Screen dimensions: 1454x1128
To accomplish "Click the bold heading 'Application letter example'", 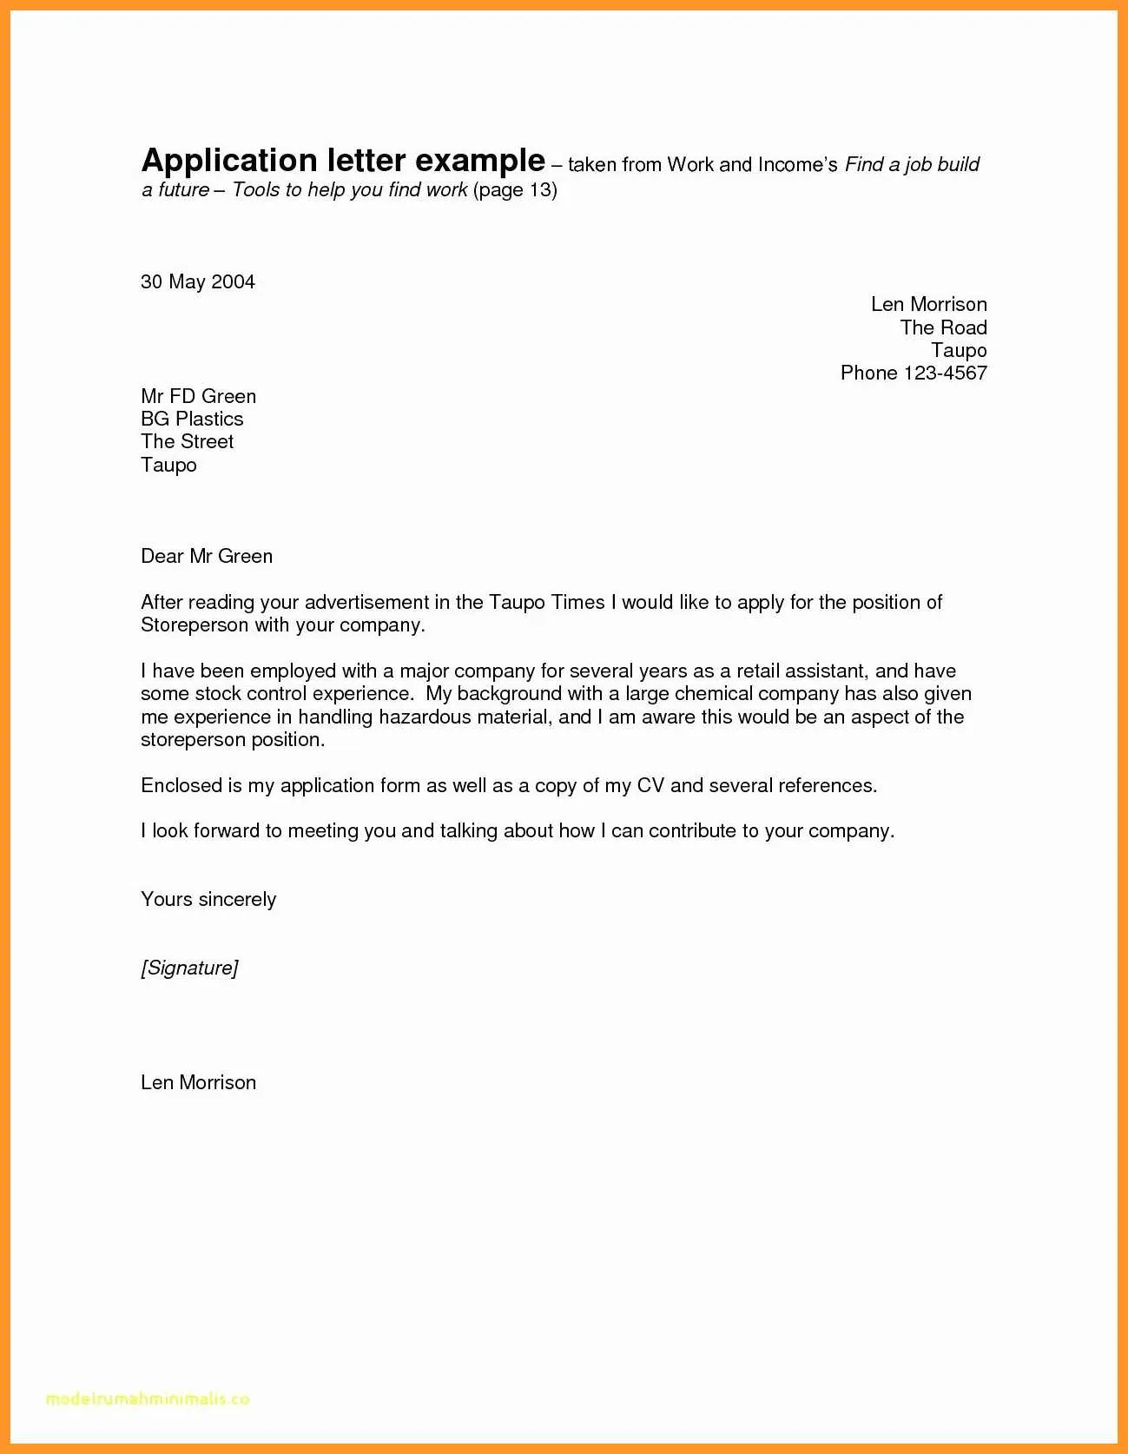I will [x=343, y=162].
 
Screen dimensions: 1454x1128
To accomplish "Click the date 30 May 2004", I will [x=198, y=282].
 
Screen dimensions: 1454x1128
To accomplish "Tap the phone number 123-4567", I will [x=945, y=373].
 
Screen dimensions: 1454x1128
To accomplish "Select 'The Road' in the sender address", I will [x=943, y=328].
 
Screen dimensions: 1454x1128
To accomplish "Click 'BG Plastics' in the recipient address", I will [x=192, y=420].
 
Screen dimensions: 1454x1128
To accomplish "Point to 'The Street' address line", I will [x=187, y=442].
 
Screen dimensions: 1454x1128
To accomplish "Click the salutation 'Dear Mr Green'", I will [x=207, y=557].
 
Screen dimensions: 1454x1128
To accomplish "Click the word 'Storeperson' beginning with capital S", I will [x=194, y=625].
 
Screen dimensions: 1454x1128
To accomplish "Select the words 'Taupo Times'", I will [x=546, y=603].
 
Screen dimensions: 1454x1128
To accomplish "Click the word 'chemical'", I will [x=712, y=694].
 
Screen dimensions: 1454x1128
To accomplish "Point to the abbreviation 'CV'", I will [x=650, y=786].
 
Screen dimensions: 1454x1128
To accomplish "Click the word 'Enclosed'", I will [x=181, y=786].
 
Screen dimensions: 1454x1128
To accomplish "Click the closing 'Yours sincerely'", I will [x=208, y=900].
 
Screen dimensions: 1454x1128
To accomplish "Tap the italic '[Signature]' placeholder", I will [x=189, y=968].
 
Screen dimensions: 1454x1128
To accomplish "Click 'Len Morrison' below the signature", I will [x=198, y=1083].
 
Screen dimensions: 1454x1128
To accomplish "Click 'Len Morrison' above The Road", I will [x=928, y=305].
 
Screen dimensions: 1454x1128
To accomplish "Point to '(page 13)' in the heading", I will [x=515, y=190].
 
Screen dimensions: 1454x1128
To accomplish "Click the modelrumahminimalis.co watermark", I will [x=148, y=1399].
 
